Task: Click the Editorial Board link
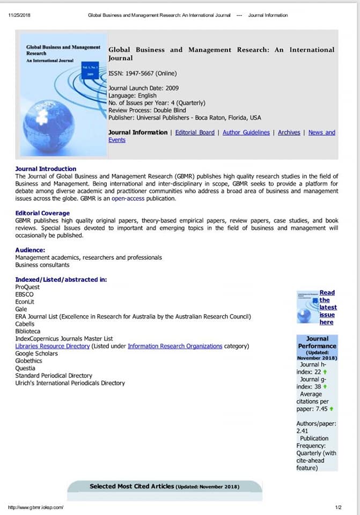coord(195,133)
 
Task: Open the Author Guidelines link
coord(246,133)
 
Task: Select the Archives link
coord(289,133)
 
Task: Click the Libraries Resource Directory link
coord(53,346)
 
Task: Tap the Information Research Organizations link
coord(175,346)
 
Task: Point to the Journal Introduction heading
coord(46,168)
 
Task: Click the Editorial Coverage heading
coord(42,214)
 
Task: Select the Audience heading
coord(30,250)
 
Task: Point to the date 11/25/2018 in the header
coord(19,15)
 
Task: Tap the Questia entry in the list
coord(25,368)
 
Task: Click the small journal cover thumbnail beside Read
coord(307,307)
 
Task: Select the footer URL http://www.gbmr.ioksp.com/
coord(36,507)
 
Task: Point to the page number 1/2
coord(338,507)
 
